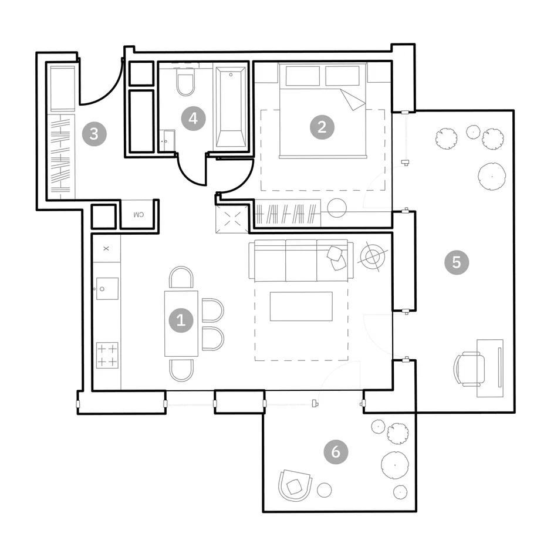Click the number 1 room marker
(x=181, y=320)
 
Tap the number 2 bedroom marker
(x=322, y=127)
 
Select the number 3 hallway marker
(x=94, y=134)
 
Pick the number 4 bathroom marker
(x=193, y=119)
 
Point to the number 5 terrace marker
(x=457, y=262)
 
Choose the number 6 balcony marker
(x=336, y=451)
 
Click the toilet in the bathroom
(x=185, y=82)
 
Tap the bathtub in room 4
(x=231, y=107)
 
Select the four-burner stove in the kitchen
(x=107, y=355)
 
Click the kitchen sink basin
(x=107, y=289)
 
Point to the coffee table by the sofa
(x=301, y=306)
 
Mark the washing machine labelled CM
(x=138, y=214)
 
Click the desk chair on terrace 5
(x=469, y=369)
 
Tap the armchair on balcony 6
(x=295, y=485)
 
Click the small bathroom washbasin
(x=167, y=141)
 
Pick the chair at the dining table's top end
(x=181, y=278)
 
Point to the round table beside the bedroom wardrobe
(x=337, y=208)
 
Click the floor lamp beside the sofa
(x=373, y=257)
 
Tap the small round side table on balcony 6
(x=325, y=490)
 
